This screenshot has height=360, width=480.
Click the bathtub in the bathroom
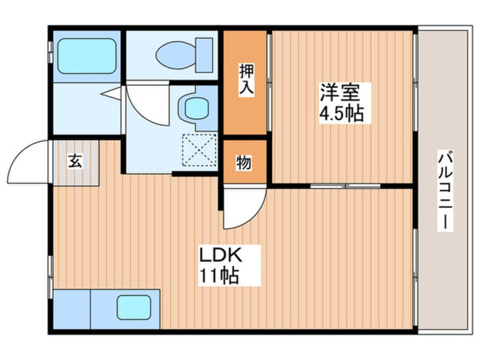(86, 55)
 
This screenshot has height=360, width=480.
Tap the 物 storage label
(244, 162)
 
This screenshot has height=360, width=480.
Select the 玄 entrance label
(75, 161)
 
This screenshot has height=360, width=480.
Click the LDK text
(221, 254)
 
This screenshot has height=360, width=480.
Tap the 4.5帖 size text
(341, 113)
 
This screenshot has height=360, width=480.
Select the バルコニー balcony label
(445, 190)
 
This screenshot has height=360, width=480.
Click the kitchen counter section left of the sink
(71, 308)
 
